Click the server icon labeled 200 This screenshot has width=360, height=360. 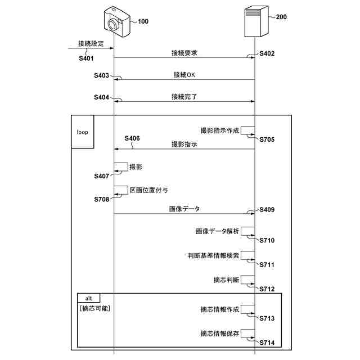255,21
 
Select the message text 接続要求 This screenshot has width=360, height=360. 184,53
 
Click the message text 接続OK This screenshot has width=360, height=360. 184,75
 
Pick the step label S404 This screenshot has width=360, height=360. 101,97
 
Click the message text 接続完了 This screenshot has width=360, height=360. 184,97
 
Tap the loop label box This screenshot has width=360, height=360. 82,132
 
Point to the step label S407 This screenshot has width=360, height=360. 101,176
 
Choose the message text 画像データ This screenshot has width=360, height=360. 184,209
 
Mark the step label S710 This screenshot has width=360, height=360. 267,240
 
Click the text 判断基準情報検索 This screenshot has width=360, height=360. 214,255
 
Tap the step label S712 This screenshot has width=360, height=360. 267,289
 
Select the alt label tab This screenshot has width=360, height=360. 88,297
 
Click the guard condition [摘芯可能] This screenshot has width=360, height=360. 94,308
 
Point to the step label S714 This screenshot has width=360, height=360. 267,343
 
